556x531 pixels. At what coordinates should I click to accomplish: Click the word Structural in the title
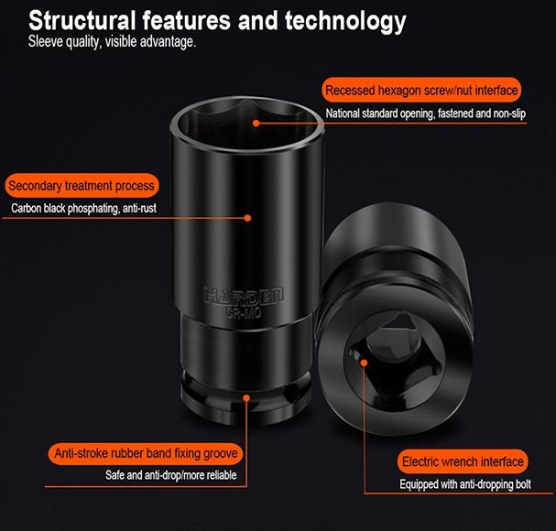(x=82, y=20)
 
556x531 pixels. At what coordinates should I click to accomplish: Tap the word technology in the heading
(x=345, y=22)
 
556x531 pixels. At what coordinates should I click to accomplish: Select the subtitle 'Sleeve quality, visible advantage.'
(x=112, y=41)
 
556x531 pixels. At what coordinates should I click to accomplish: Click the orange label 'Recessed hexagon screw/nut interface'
(x=421, y=90)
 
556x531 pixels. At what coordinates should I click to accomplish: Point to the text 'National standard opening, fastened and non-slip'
(x=426, y=114)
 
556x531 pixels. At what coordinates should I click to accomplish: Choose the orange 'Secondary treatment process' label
(x=82, y=185)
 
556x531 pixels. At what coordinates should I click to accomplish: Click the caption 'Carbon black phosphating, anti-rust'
(x=83, y=208)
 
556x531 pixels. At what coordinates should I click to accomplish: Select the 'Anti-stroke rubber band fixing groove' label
(x=146, y=453)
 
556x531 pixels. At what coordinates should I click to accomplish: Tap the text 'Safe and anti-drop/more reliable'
(x=171, y=475)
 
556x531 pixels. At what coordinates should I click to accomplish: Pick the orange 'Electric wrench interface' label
(x=463, y=461)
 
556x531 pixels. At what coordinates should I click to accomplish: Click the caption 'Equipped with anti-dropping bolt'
(x=465, y=484)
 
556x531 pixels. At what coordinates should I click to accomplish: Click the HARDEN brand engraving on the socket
(x=244, y=296)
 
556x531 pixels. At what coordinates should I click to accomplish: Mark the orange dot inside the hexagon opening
(x=256, y=123)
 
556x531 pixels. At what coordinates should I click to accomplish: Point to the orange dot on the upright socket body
(x=248, y=218)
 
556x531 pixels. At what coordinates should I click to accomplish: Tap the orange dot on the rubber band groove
(x=246, y=398)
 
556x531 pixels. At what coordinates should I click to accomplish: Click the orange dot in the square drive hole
(x=364, y=363)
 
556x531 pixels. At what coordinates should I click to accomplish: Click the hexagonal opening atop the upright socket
(x=247, y=124)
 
